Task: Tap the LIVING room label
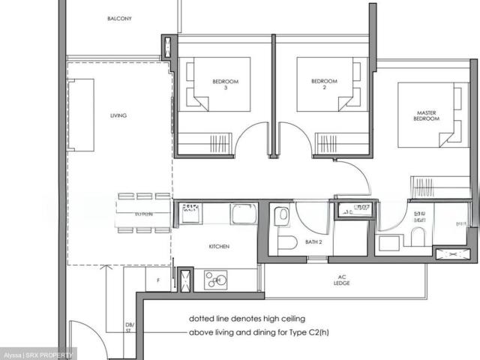(x=118, y=115)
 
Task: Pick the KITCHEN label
(x=219, y=246)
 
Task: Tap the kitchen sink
(x=244, y=215)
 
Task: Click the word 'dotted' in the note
(x=202, y=318)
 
